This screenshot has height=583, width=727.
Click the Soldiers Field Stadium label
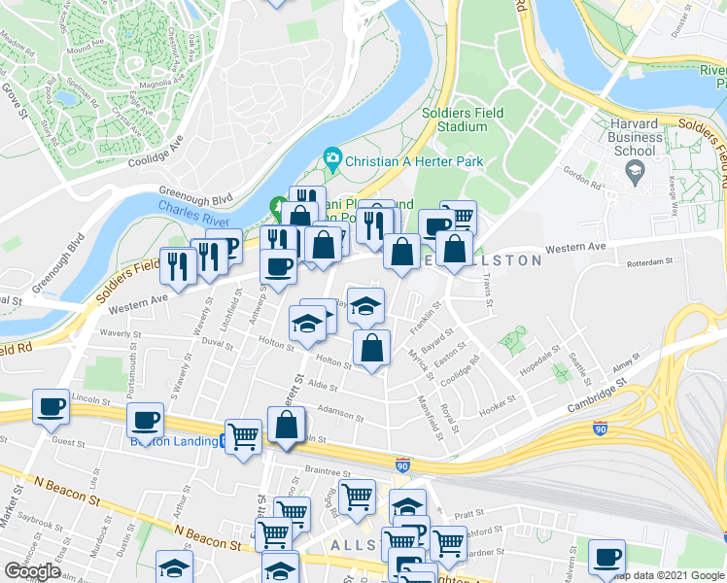463,120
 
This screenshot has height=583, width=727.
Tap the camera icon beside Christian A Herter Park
332,158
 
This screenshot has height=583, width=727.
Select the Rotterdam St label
650,261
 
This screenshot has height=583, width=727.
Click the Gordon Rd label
582,181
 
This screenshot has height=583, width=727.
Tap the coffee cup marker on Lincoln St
50,407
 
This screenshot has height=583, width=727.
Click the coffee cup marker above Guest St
145,421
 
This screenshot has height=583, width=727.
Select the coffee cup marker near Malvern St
607,557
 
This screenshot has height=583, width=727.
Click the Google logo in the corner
32,571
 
